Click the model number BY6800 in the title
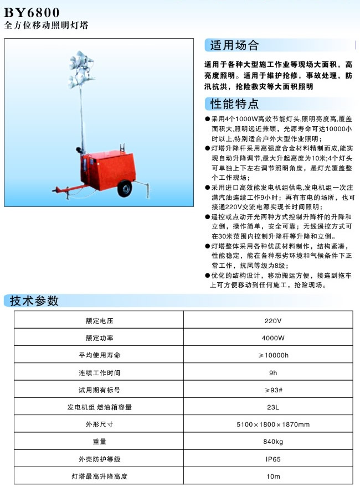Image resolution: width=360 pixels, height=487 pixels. click(x=32, y=12)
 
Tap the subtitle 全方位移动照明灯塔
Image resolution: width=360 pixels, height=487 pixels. click(x=46, y=25)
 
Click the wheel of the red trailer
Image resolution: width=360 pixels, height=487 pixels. click(x=126, y=189)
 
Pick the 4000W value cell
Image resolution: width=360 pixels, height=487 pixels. click(x=272, y=338)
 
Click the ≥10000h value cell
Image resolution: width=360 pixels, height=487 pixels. click(x=272, y=355)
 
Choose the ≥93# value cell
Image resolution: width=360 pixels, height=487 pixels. click(x=272, y=390)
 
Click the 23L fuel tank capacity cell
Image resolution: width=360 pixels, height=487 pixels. click(x=272, y=407)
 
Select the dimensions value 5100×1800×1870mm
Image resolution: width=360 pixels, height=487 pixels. click(x=272, y=424)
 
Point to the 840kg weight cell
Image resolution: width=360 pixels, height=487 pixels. click(x=272, y=442)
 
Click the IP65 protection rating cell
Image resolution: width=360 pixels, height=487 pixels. click(x=272, y=459)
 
